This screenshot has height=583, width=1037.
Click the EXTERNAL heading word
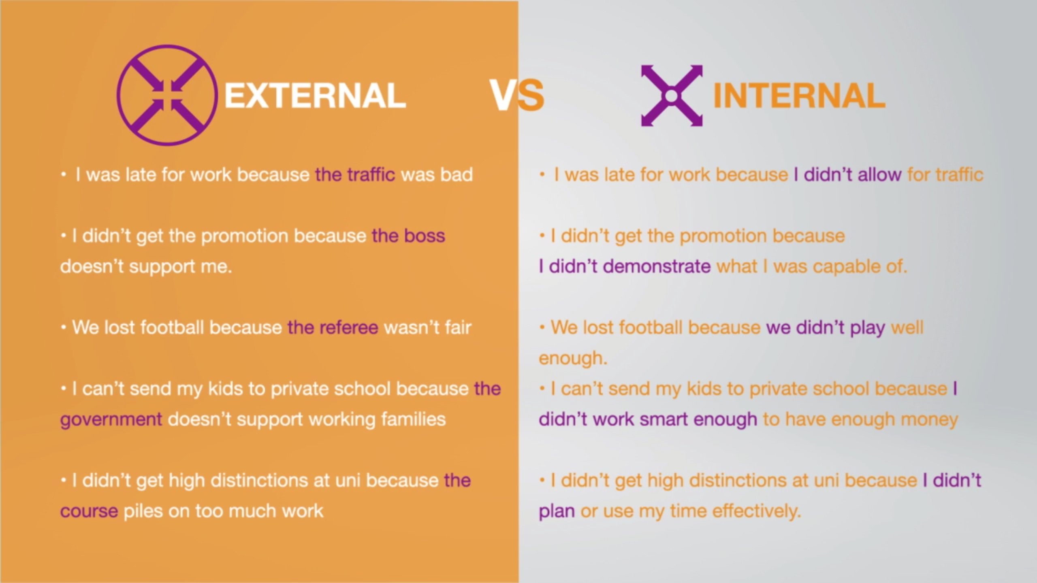click(x=315, y=96)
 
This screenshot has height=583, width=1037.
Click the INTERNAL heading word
click(x=799, y=96)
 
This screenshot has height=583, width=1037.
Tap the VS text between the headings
click(x=517, y=96)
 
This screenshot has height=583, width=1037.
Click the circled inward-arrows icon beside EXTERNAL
click(x=167, y=96)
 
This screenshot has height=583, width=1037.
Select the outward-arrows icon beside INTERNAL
click(x=672, y=96)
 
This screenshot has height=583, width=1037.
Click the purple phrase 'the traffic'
click(x=355, y=175)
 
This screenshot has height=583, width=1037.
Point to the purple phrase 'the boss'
click(x=408, y=236)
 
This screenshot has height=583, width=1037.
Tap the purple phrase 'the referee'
click(x=333, y=328)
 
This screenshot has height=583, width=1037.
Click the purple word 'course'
click(x=89, y=511)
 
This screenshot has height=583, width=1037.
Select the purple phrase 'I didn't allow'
click(x=847, y=175)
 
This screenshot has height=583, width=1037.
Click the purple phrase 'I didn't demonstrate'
click(x=625, y=267)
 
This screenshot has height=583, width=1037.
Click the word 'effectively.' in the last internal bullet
click(x=757, y=511)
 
